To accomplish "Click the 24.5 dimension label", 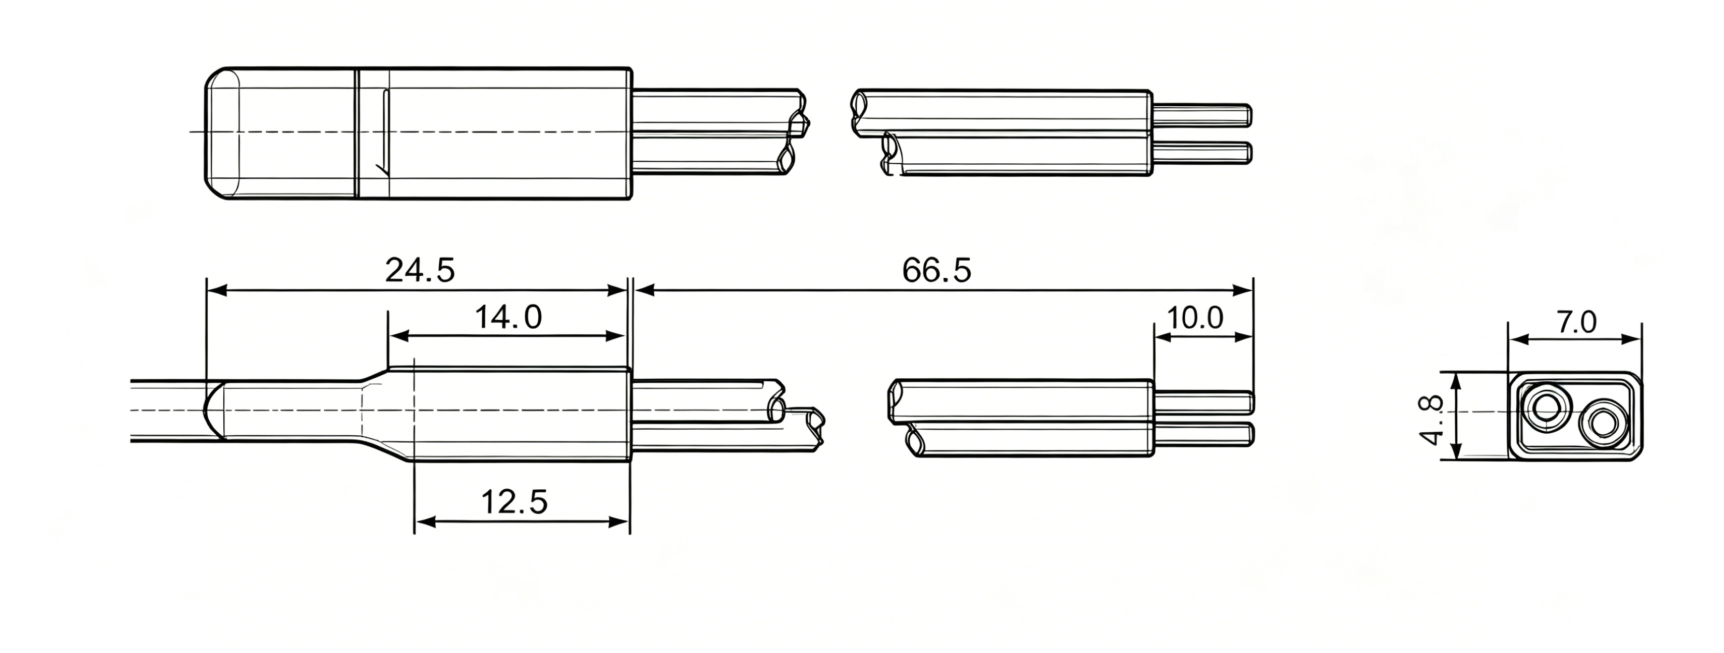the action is (420, 271).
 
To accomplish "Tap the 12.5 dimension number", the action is (514, 502).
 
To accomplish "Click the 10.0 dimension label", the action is (1195, 318).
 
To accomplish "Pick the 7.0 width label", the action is (1576, 323).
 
